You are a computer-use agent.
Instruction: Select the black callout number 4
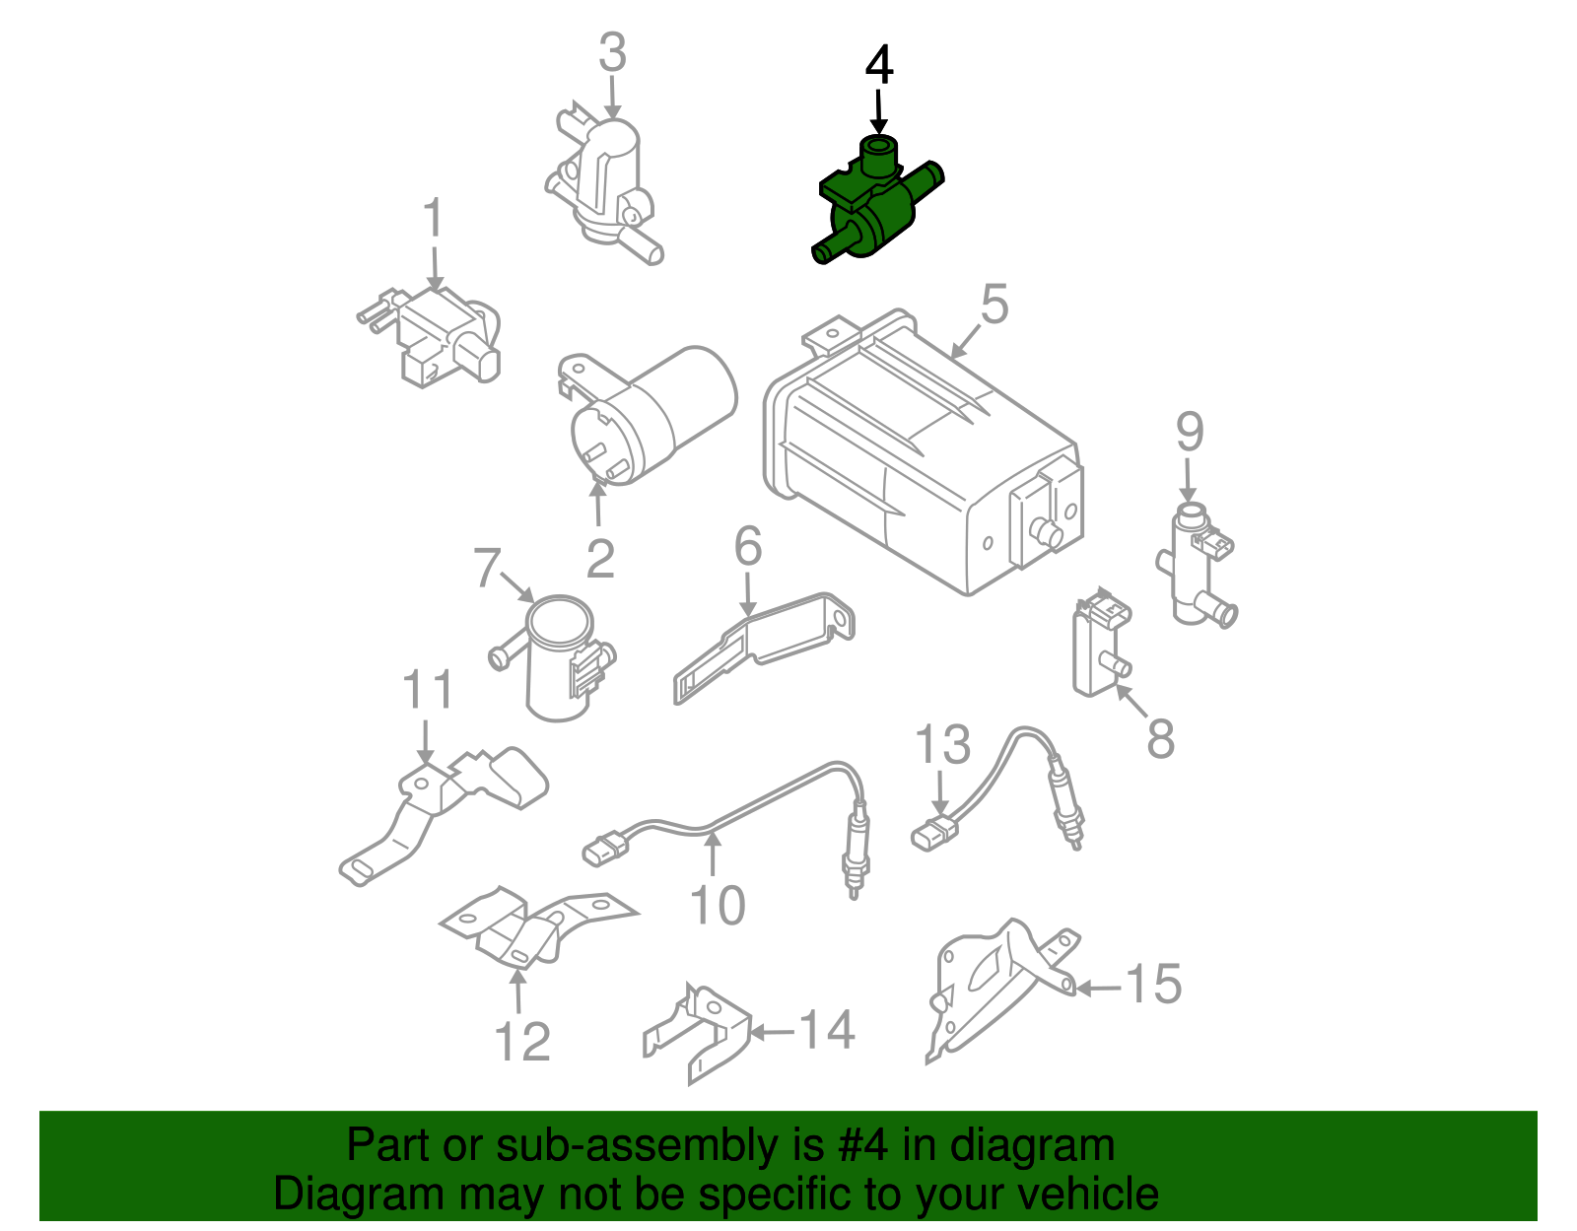click(x=879, y=65)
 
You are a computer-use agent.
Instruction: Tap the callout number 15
click(x=1153, y=985)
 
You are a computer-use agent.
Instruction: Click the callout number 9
click(x=1190, y=433)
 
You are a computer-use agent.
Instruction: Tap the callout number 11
click(x=428, y=690)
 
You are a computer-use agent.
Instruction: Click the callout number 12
click(x=521, y=1043)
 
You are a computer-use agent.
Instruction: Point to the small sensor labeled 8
click(x=1101, y=642)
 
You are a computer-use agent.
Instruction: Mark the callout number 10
click(x=717, y=906)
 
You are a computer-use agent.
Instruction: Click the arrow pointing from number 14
click(x=772, y=1031)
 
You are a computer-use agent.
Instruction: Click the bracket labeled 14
click(x=696, y=1033)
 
